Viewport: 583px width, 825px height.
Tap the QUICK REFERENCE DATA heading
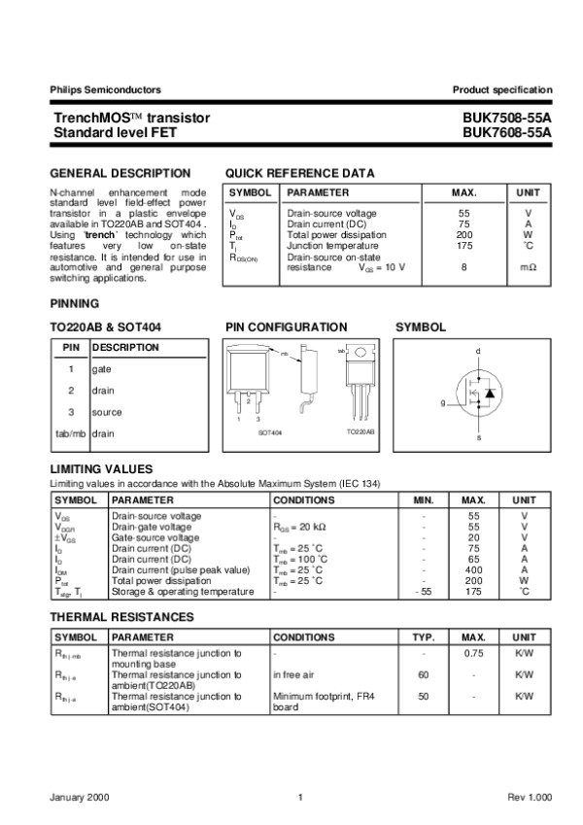click(299, 173)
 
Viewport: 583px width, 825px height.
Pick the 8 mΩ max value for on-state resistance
click(463, 266)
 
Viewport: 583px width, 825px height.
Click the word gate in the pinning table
click(101, 369)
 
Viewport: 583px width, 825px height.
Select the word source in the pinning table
click(107, 412)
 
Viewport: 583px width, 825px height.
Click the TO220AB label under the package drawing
click(361, 430)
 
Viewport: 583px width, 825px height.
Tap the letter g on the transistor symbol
click(442, 401)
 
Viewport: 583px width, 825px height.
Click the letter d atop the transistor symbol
click(478, 350)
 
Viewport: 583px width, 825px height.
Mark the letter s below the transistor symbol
click(478, 438)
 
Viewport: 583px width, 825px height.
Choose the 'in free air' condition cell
click(299, 673)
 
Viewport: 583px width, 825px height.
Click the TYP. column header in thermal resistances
click(423, 636)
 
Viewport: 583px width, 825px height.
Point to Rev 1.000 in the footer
click(529, 798)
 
